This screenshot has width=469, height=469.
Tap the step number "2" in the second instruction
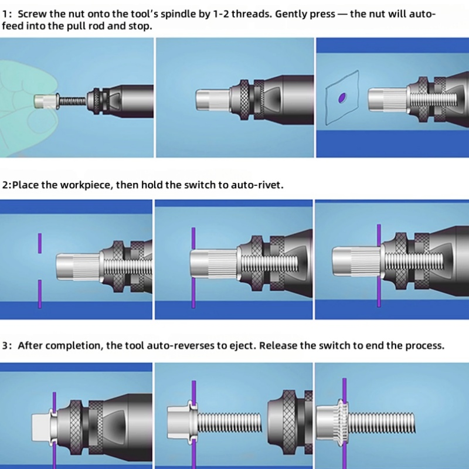tap(5, 185)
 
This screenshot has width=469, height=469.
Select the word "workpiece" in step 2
tap(87, 185)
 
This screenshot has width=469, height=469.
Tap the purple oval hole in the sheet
tap(342, 97)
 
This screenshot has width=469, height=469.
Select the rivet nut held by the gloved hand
tap(46, 101)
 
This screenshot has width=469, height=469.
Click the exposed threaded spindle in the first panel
tap(72, 101)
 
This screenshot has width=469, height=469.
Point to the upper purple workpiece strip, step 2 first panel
tap(40, 243)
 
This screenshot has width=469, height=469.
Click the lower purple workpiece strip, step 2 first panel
tap(40, 294)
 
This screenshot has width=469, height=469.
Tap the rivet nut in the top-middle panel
tap(213, 101)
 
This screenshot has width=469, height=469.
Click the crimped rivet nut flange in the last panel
tap(343, 422)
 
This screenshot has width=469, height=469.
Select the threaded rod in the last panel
tap(382, 422)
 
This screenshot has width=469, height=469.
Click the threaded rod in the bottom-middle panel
tap(229, 422)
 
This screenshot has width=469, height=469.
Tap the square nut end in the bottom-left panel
tap(40, 427)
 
